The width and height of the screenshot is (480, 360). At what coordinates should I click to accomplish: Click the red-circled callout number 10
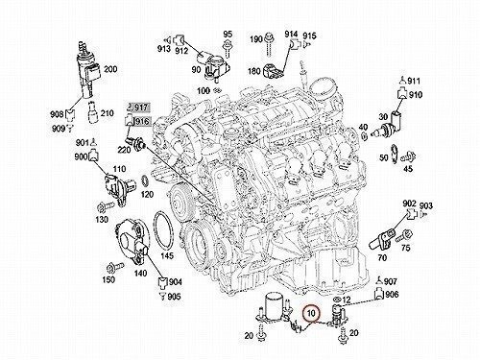[311, 314]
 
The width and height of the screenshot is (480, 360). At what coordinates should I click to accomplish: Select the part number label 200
[110, 69]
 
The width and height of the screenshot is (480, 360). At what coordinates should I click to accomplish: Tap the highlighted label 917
[141, 108]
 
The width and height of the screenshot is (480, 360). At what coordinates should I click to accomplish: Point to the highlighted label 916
[142, 122]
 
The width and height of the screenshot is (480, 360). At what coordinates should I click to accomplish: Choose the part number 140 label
[140, 273]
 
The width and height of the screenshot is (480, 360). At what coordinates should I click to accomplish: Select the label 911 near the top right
[414, 81]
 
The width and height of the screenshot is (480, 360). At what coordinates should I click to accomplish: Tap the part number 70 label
[382, 257]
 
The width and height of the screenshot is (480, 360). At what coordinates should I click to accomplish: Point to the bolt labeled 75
[404, 236]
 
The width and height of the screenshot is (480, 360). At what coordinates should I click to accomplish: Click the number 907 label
[391, 281]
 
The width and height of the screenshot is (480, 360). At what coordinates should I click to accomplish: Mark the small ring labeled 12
[337, 300]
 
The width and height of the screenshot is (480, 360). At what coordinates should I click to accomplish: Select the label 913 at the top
[163, 49]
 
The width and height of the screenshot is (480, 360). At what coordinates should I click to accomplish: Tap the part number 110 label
[119, 169]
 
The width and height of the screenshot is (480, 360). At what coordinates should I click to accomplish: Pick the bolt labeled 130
[106, 206]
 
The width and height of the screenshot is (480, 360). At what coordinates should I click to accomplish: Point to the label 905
[174, 297]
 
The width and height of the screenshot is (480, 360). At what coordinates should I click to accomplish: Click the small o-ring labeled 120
[145, 181]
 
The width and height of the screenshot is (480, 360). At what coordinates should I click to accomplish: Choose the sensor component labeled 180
[272, 71]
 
